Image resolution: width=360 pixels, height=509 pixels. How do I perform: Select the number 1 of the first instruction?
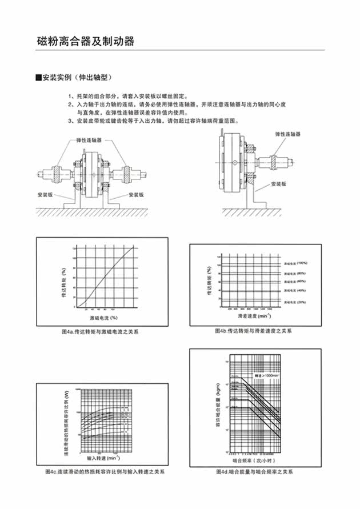[x=70, y=96]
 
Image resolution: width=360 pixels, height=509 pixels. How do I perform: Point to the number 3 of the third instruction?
[x=70, y=121]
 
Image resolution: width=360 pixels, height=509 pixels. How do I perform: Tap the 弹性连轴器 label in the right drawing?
[x=287, y=133]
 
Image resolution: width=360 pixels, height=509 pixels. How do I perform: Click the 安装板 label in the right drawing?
[x=279, y=184]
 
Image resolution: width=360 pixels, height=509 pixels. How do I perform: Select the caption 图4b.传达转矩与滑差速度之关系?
[x=254, y=331]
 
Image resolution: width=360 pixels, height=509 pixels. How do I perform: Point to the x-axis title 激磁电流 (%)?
[x=103, y=317]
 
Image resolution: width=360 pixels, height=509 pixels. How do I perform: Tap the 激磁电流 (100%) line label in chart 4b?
[x=295, y=263]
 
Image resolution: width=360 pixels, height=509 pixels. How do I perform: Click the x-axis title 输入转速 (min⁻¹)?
[x=103, y=458]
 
